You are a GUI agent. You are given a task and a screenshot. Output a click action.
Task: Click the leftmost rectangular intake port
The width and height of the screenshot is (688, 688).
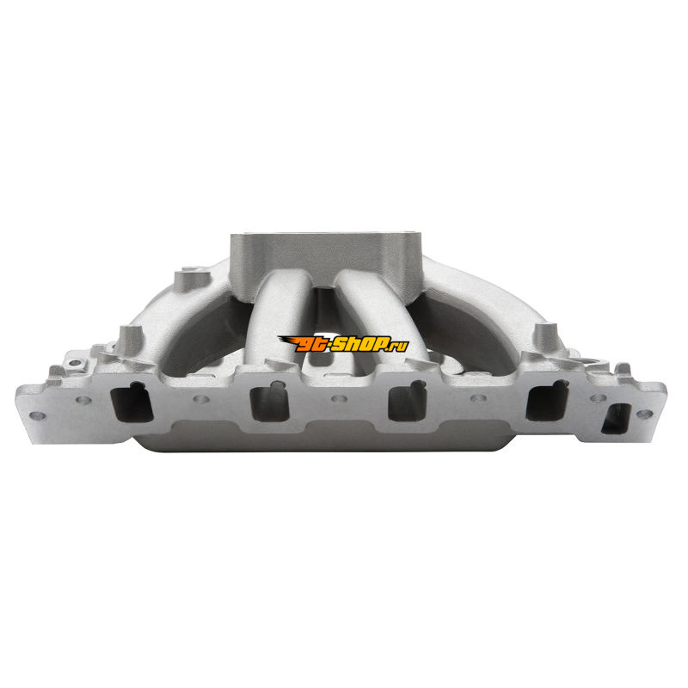pyautogui.click(x=132, y=402)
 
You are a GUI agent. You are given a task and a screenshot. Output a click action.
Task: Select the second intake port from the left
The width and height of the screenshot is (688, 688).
pyautogui.click(x=269, y=402)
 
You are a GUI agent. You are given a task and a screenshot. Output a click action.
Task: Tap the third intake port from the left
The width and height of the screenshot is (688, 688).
pyautogui.click(x=408, y=402)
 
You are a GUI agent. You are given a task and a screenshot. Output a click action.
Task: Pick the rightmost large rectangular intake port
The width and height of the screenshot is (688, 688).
pyautogui.click(x=547, y=402)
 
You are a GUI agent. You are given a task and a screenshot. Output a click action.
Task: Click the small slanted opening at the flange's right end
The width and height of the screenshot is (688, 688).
pyautogui.click(x=616, y=419)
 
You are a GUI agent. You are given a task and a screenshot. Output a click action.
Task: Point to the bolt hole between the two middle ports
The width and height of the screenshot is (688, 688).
pyautogui.click(x=339, y=399)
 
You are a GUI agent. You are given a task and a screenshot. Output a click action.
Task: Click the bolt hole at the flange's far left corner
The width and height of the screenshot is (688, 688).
pyautogui.click(x=37, y=415)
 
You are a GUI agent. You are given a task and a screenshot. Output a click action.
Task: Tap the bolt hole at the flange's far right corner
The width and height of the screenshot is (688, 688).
pyautogui.click(x=644, y=414)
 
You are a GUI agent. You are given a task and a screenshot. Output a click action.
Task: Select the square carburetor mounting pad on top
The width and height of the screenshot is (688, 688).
pyautogui.click(x=327, y=253)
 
